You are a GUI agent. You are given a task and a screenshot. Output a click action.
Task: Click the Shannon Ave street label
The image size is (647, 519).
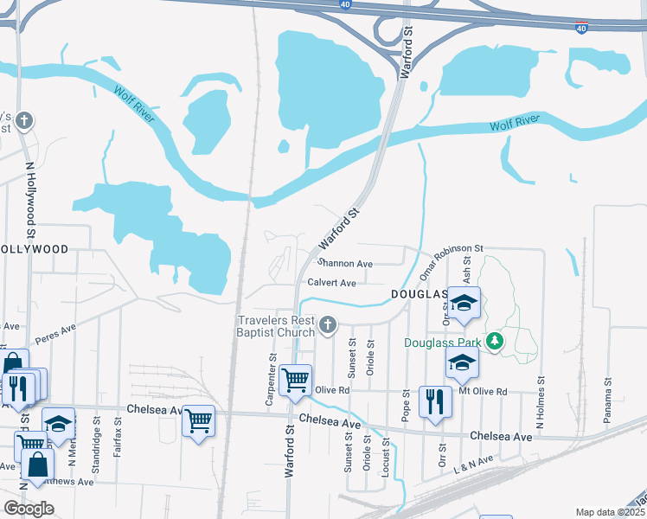click(x=345, y=264)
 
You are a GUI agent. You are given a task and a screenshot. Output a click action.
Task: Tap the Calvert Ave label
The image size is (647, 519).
click(x=332, y=283)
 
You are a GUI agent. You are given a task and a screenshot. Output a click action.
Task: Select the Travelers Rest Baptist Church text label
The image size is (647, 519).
click(x=277, y=326)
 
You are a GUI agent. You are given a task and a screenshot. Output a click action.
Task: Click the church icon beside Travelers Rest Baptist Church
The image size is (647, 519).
click(x=327, y=325)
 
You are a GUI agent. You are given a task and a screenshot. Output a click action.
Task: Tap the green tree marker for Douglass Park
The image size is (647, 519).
click(x=494, y=342)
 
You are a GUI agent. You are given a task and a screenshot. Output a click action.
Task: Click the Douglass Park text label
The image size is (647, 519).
click(x=443, y=343)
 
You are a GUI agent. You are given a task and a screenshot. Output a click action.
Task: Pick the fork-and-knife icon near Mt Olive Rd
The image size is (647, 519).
click(x=434, y=400)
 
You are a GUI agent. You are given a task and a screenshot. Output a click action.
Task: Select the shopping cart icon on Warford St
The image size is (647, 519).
click(x=296, y=379)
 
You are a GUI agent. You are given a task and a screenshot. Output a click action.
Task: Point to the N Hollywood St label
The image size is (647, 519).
click(x=30, y=199)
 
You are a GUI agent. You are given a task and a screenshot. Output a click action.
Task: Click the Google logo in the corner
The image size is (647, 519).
click(x=29, y=508)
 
